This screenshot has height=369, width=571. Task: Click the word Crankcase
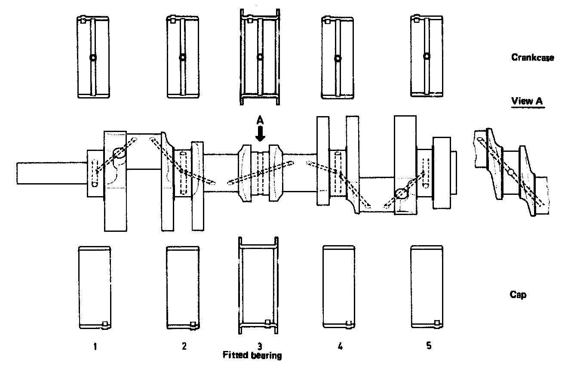pyautogui.click(x=532, y=57)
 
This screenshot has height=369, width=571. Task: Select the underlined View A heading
pyautogui.click(x=527, y=101)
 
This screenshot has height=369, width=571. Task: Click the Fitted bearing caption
pyautogui.click(x=252, y=356)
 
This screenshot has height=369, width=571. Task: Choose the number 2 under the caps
pyautogui.click(x=184, y=346)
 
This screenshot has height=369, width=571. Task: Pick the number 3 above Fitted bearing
pyautogui.click(x=260, y=346)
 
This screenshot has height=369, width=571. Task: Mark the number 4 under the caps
pyautogui.click(x=340, y=346)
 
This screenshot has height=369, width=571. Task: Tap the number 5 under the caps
pyautogui.click(x=428, y=346)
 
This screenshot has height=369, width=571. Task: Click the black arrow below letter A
pyautogui.click(x=260, y=135)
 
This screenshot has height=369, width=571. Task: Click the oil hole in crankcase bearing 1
pyautogui.click(x=93, y=58)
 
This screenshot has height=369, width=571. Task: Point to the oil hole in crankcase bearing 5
pyautogui.click(x=427, y=56)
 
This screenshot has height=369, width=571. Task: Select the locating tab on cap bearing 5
pyautogui.click(x=437, y=323)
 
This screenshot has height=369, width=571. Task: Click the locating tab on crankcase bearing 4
pyautogui.click(x=327, y=20)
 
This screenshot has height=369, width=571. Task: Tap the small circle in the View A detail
pyautogui.click(x=510, y=172)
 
